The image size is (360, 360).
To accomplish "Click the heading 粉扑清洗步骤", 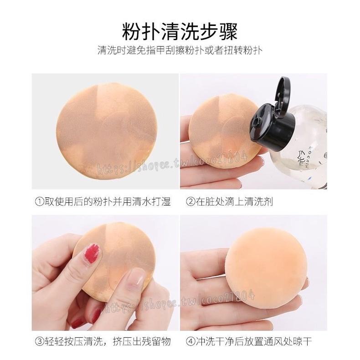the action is coord(180,32).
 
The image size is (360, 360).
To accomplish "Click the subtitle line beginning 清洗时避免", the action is coord(180,51).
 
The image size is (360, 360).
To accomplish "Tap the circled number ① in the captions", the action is coord(39,202).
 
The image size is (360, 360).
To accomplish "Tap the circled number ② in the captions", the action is coord(190,202).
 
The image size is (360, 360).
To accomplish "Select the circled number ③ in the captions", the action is coord(39,341).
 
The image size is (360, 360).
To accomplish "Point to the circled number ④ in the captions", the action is coord(190,341).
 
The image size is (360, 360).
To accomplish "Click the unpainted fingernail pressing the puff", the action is coord(136,278).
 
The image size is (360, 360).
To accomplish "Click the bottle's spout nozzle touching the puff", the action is coord(254,121).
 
